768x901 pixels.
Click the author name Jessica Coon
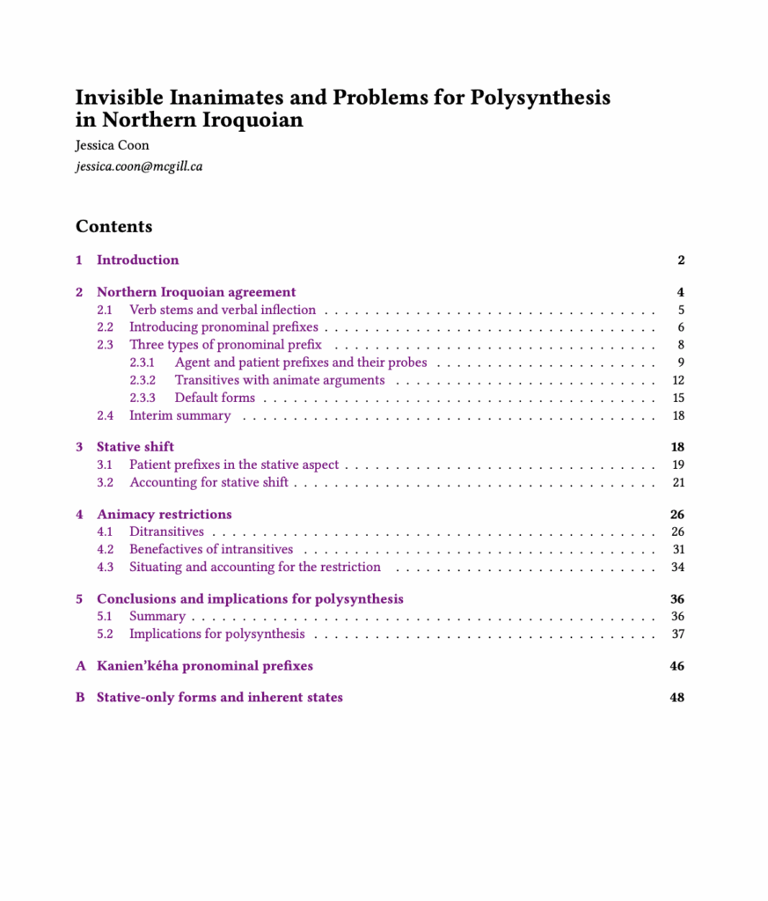[113, 145]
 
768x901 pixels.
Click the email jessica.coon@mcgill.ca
[139, 165]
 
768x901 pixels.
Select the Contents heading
[113, 226]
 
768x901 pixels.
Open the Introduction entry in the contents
[137, 260]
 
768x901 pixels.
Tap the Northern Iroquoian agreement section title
[196, 292]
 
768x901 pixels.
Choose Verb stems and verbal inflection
[223, 310]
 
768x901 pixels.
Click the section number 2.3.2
[143, 380]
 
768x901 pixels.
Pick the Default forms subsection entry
[215, 398]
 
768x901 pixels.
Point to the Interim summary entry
[179, 415]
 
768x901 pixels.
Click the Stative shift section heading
[135, 447]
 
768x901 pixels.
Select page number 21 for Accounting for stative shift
[677, 482]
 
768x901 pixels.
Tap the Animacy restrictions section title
[165, 514]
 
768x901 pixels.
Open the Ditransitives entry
[166, 531]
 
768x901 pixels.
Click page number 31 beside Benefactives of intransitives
[677, 549]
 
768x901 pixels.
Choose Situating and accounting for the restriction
[255, 567]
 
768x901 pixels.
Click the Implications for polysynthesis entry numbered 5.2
[217, 634]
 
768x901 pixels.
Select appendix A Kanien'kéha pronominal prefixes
[205, 665]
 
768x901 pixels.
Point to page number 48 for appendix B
[677, 697]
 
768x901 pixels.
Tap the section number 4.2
[105, 549]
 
